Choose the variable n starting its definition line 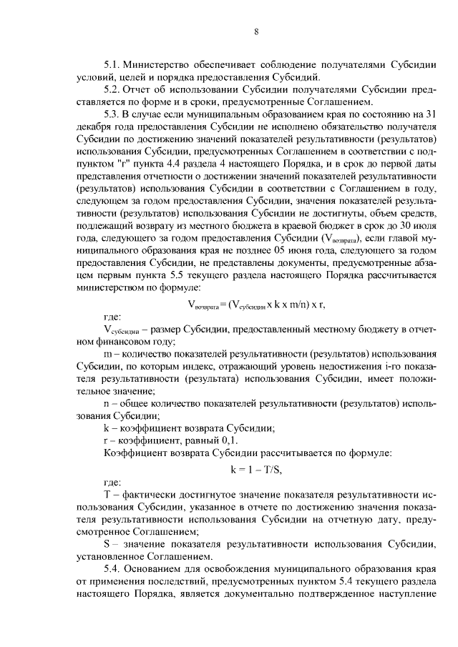107,404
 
